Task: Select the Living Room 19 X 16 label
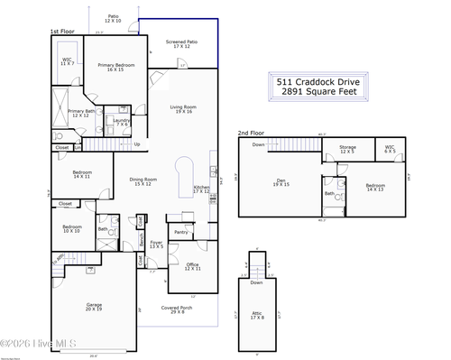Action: [184, 109]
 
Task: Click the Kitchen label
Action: [201, 189]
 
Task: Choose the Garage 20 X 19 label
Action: [94, 307]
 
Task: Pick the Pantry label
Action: [181, 232]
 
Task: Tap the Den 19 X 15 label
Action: [281, 182]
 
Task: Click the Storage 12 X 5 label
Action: [347, 150]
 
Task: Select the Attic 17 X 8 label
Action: [258, 316]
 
